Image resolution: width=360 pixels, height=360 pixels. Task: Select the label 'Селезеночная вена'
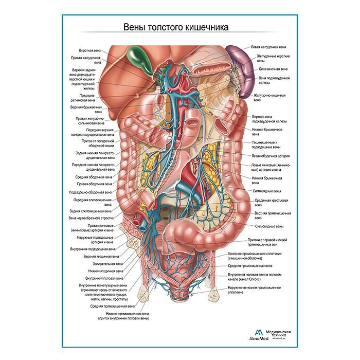click(273, 68)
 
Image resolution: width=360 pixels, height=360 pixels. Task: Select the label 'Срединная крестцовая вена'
click(270, 202)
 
